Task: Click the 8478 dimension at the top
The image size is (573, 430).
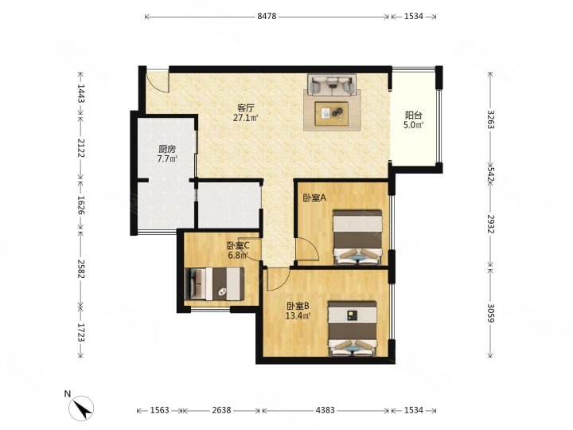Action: [x=267, y=16]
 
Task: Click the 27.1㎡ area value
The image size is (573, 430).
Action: [x=246, y=118]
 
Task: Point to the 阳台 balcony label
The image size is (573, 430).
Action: [x=414, y=115]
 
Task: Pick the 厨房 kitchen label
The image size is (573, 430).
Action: [x=167, y=149]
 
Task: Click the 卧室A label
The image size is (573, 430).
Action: [x=314, y=197]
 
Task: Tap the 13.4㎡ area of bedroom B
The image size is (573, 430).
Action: [x=298, y=315]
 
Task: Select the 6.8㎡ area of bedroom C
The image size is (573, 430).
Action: [x=238, y=256]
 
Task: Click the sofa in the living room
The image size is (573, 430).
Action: [x=332, y=85]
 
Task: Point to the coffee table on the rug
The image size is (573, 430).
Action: [x=331, y=114]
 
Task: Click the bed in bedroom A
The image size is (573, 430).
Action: [x=357, y=236]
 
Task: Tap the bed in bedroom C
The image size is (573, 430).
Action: [x=215, y=284]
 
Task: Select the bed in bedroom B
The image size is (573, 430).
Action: [x=353, y=328]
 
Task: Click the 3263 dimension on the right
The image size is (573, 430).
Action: [x=491, y=119]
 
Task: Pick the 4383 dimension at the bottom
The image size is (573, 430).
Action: [x=325, y=410]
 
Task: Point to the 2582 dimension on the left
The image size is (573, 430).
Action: [x=80, y=269]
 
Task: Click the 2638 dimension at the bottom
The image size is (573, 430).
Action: [x=221, y=410]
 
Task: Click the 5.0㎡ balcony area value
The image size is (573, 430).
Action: [x=414, y=126]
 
